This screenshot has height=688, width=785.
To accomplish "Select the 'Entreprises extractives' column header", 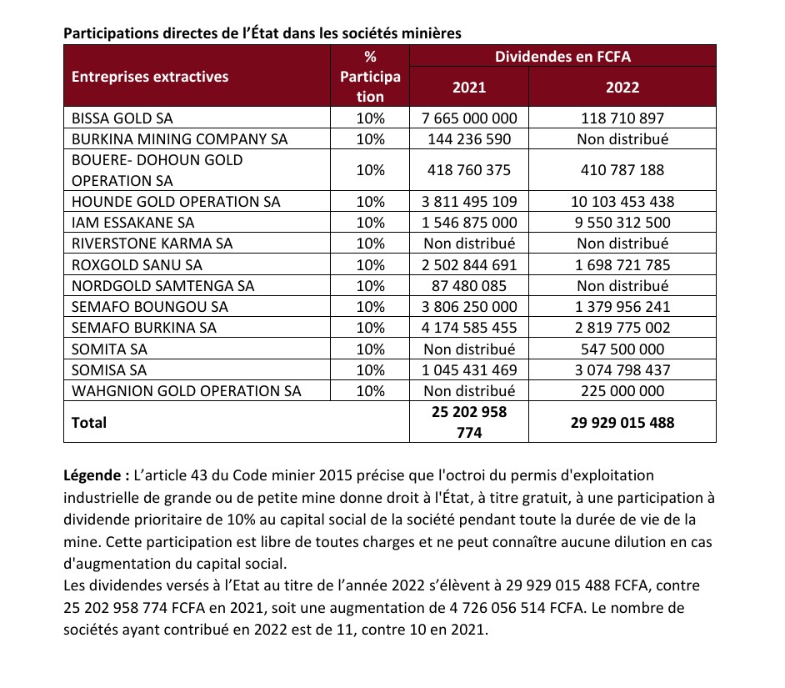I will pos(150,77).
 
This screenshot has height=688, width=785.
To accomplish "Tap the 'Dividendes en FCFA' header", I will pos(562,56).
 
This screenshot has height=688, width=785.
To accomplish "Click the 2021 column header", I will pos(469,87).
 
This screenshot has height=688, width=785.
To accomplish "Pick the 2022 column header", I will pos(622,87).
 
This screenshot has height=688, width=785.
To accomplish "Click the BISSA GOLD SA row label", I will pos(122,118).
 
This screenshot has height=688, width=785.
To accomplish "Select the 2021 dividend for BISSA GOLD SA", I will pos(470,118).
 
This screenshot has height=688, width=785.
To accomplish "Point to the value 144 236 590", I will pos(470,139).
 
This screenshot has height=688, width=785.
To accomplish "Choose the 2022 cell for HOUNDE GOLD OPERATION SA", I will pos(622,202).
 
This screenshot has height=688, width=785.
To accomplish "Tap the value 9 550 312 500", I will pos(622,223).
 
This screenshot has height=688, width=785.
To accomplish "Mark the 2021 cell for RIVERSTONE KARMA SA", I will pos(470,244).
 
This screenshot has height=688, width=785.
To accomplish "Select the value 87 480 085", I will pos(470,285).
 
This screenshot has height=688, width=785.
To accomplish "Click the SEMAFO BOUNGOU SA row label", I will pos(150,306).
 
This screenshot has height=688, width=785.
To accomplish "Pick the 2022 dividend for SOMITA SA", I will pos(622,349).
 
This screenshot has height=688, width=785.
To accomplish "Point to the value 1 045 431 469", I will pos(470,369).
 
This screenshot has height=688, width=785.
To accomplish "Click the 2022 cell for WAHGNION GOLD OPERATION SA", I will pos(622,390).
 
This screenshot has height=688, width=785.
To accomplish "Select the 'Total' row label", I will pos(89,423).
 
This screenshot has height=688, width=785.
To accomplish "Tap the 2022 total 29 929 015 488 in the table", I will pos(622,423).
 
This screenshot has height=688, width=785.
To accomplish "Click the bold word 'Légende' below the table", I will pos(93,475).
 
